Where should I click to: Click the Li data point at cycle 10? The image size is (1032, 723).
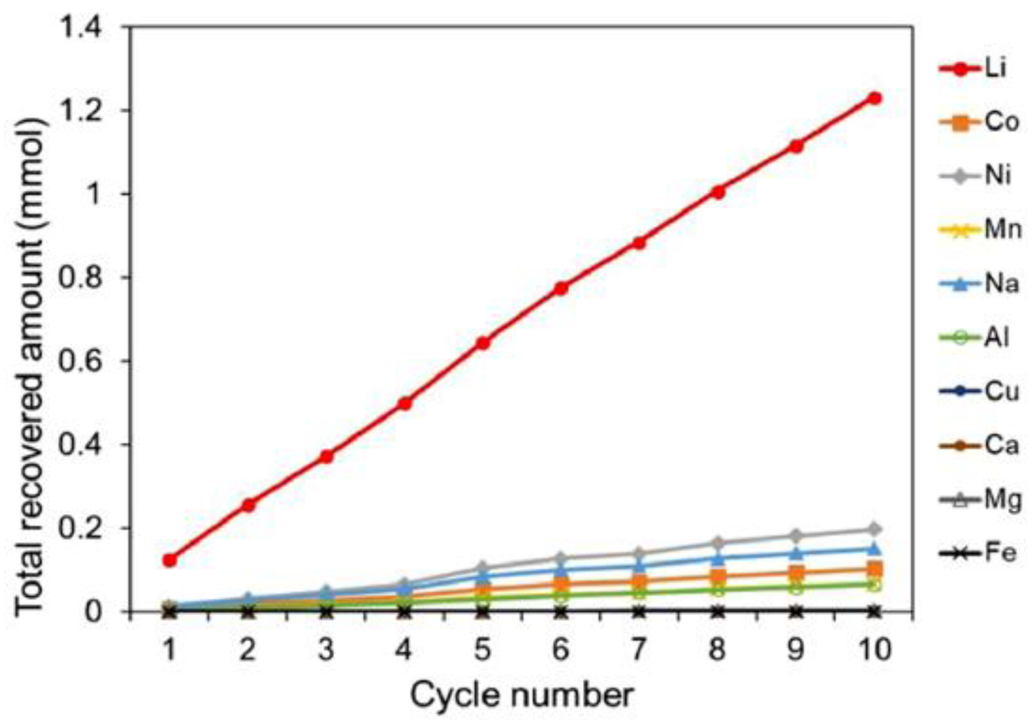874,98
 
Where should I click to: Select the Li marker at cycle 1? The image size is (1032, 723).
170,560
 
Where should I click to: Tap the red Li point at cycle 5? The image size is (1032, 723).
483,343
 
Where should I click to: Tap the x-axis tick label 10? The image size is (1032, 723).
874,650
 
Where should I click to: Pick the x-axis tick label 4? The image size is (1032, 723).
404,650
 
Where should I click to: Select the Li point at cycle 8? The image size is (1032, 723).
718,192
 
